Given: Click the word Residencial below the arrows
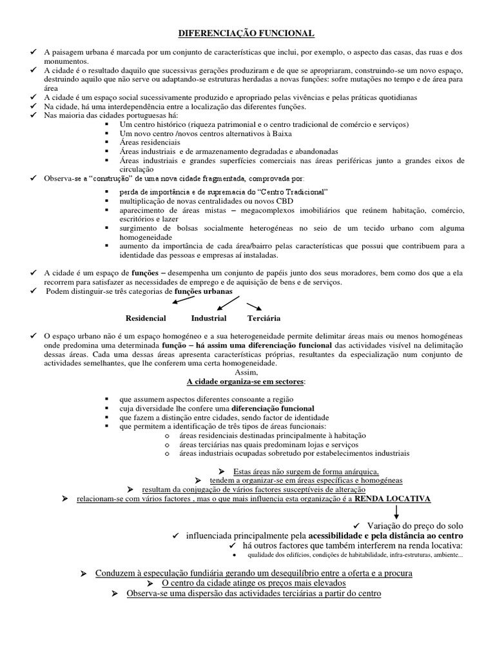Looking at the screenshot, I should [x=146, y=318].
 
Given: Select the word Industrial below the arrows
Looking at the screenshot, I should [x=209, y=318].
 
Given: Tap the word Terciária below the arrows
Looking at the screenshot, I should [x=264, y=318].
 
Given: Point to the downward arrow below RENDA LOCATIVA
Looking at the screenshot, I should [x=396, y=512].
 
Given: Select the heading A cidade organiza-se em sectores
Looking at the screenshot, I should [x=246, y=382].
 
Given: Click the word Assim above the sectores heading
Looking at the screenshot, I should [x=246, y=373].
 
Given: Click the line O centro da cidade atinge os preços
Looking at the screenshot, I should [x=246, y=583].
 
